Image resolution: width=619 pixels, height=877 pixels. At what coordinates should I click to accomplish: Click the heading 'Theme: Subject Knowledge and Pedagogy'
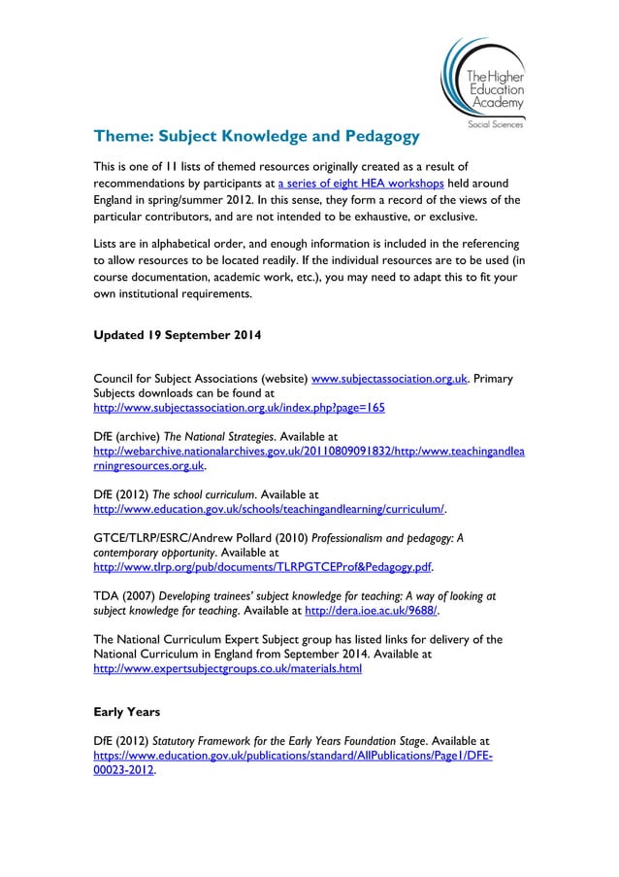[255, 134]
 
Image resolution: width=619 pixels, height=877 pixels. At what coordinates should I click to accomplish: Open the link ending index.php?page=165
[238, 408]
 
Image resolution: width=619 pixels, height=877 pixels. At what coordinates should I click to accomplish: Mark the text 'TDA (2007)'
[126, 593]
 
